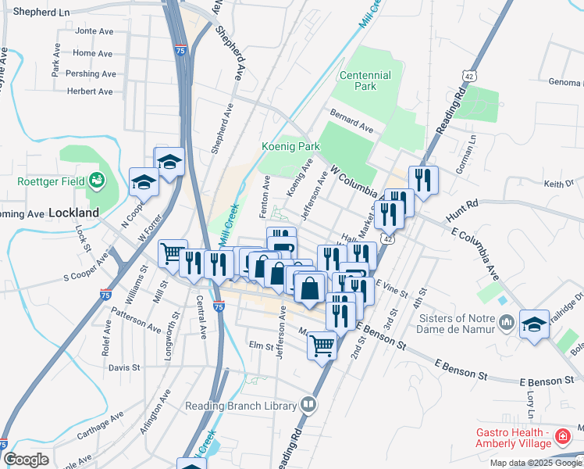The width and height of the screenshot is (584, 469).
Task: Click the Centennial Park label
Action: (365, 81)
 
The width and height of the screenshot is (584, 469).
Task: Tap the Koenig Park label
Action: (290, 146)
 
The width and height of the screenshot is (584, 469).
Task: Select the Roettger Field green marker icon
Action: (97, 181)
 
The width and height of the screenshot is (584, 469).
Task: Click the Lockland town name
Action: (74, 212)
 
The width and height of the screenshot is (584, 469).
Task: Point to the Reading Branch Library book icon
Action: (309, 405)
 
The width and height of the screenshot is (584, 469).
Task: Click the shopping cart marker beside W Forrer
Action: (173, 252)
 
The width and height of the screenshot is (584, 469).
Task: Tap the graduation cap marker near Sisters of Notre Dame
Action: (535, 323)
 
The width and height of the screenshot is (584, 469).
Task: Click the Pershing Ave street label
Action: (91, 73)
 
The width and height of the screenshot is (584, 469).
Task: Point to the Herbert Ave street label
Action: (90, 91)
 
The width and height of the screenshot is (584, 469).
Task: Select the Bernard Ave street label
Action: (352, 124)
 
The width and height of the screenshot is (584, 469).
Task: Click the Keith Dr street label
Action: (558, 184)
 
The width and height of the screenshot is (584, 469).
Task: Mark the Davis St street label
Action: (124, 367)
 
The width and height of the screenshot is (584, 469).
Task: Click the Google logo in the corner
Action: (26, 460)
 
